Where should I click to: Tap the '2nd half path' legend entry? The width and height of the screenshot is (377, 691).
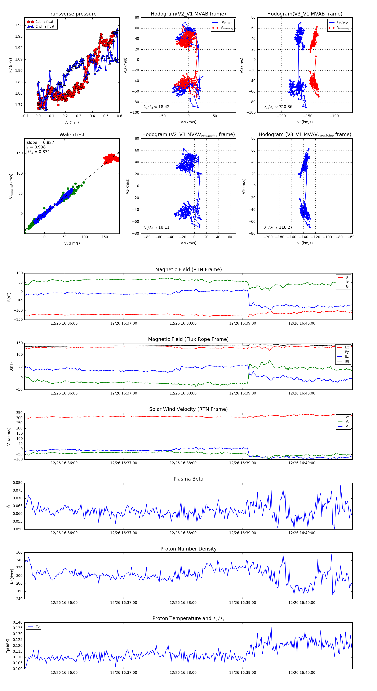[x=46, y=27]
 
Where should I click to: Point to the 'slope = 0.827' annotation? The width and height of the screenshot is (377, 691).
[x=40, y=142]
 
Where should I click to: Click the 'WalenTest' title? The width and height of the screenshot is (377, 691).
[x=72, y=135]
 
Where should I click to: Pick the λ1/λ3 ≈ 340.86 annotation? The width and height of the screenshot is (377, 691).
[x=278, y=107]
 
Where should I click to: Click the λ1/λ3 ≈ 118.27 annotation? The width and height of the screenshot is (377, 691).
[x=278, y=227]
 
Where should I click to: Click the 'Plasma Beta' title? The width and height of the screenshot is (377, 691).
[x=188, y=479]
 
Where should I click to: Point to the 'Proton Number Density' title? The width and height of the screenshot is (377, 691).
[x=188, y=549]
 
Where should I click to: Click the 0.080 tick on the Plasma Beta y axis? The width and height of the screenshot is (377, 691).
[x=18, y=483]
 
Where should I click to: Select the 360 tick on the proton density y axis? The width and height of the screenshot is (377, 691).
[x=19, y=553]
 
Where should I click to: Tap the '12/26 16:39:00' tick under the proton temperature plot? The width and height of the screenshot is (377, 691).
[x=242, y=673]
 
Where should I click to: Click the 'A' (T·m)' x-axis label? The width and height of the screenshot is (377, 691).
[x=72, y=122]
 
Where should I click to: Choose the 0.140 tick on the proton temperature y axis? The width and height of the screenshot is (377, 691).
[x=18, y=622]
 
